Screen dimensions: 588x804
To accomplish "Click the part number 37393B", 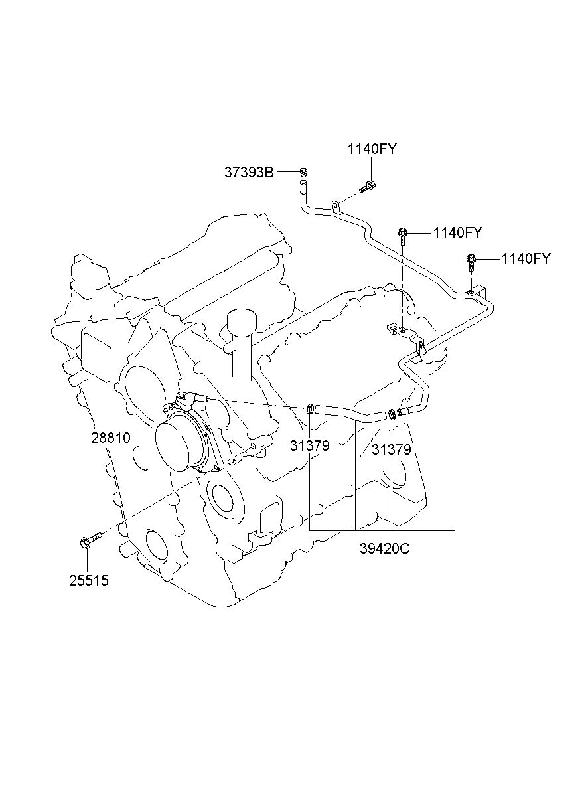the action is (x=249, y=173).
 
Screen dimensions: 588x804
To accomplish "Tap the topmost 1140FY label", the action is (x=372, y=149).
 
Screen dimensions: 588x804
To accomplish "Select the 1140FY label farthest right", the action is (x=526, y=258).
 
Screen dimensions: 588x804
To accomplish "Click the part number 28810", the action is (x=110, y=438).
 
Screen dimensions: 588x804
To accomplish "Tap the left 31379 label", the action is (x=310, y=445).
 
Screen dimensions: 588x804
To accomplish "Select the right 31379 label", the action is (x=391, y=449).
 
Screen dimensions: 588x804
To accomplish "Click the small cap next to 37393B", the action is (x=304, y=172).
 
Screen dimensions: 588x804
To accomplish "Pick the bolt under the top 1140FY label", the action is (x=368, y=187).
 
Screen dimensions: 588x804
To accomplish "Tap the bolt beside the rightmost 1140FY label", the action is (x=471, y=262).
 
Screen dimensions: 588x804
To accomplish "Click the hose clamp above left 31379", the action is (x=311, y=408).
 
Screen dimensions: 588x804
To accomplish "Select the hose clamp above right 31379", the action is (x=392, y=414).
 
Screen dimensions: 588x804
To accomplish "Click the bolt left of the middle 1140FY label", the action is (x=402, y=236).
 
